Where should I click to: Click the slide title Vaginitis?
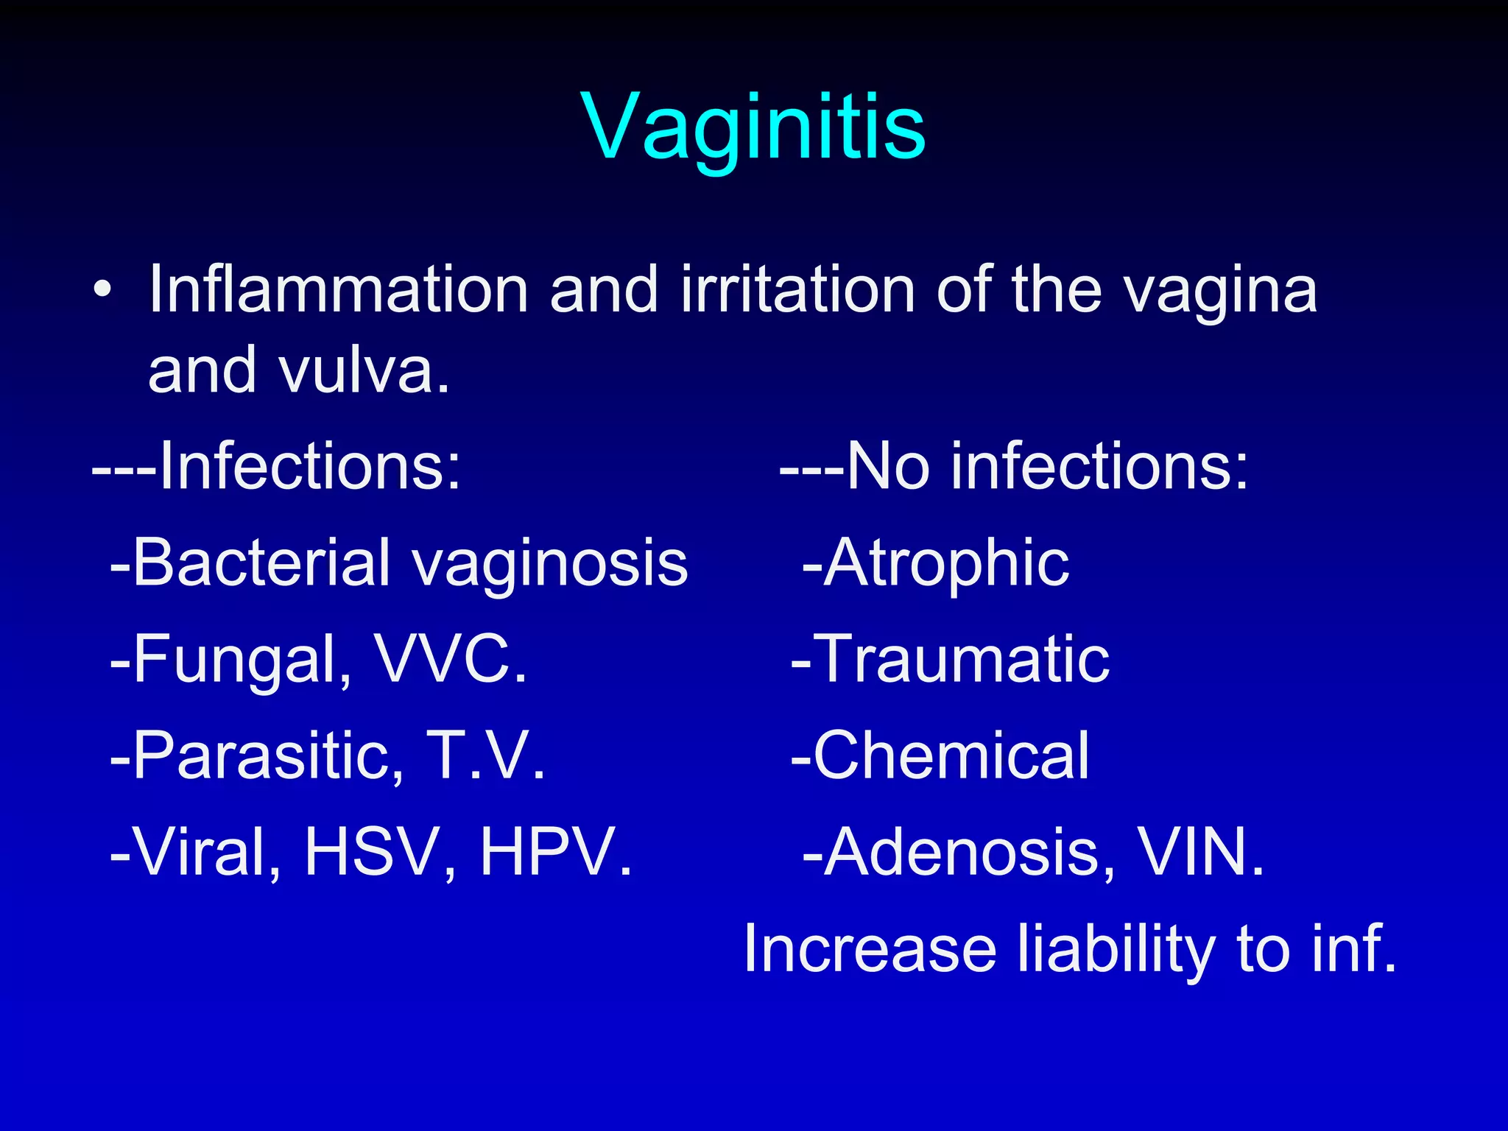click(753, 127)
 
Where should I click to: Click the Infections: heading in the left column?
click(309, 466)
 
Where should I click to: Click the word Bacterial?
click(261, 563)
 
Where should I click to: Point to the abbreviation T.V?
click(486, 755)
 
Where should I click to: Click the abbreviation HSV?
click(380, 853)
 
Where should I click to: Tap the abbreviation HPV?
click(556, 853)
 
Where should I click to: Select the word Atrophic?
click(946, 564)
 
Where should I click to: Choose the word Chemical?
click(950, 755)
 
